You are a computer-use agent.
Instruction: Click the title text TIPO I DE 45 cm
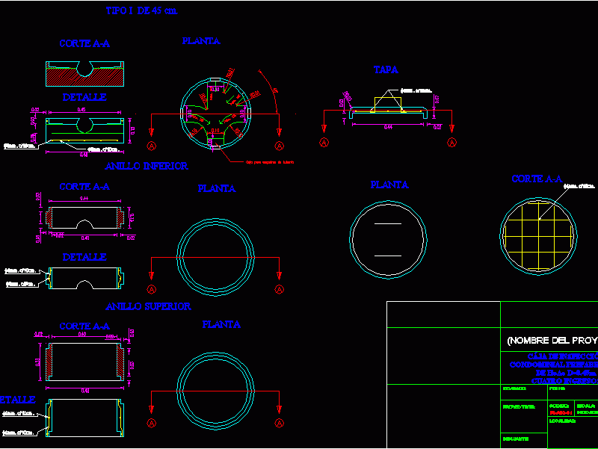(x=141, y=11)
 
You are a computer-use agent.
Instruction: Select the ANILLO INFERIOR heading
(x=147, y=166)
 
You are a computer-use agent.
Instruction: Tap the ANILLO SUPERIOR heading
(x=148, y=306)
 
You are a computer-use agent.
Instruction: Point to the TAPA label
(x=386, y=69)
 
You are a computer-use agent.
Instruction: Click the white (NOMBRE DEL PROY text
(x=552, y=341)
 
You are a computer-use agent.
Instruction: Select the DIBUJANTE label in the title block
(x=517, y=439)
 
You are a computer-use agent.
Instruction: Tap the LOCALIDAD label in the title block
(x=563, y=421)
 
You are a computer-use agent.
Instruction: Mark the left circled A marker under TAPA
(x=324, y=142)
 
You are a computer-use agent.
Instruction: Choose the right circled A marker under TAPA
(x=451, y=142)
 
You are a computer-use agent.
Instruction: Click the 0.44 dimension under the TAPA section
(x=388, y=126)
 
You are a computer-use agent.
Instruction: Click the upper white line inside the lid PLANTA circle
(x=388, y=224)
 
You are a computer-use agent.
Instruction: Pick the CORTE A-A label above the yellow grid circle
(x=536, y=179)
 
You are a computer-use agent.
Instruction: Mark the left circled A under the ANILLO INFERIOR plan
(x=152, y=289)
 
